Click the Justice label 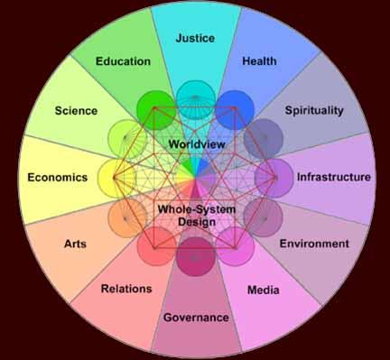click(x=195, y=39)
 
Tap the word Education click(x=123, y=61)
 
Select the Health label click(x=259, y=61)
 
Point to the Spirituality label click(x=314, y=111)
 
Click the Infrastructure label click(x=334, y=177)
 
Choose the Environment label click(x=314, y=244)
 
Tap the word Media click(x=264, y=291)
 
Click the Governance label click(x=196, y=318)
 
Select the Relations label click(x=126, y=289)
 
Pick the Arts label click(x=75, y=244)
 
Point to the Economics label click(x=58, y=178)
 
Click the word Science click(x=76, y=111)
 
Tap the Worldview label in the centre click(x=197, y=144)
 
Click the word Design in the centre click(x=197, y=222)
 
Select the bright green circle click(x=156, y=110)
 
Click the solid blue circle click(x=235, y=110)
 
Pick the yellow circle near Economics click(x=117, y=178)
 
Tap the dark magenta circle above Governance click(x=196, y=256)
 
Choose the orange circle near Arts click(x=127, y=217)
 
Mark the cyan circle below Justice click(x=196, y=100)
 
